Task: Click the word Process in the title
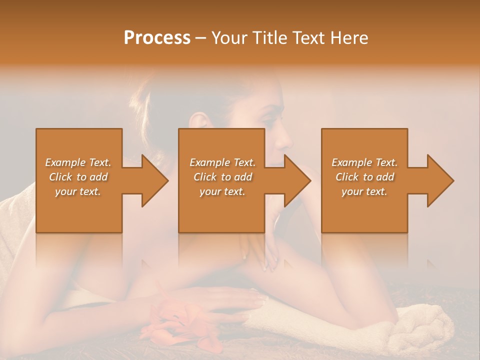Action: pyautogui.click(x=157, y=38)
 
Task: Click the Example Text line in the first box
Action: pyautogui.click(x=78, y=162)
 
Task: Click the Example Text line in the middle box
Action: pyautogui.click(x=222, y=162)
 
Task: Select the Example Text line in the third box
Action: pyautogui.click(x=364, y=162)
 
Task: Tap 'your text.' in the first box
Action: pyautogui.click(x=78, y=191)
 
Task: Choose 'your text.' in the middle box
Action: pyautogui.click(x=222, y=191)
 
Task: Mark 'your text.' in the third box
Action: pyautogui.click(x=364, y=191)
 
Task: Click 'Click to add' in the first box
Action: pyautogui.click(x=78, y=177)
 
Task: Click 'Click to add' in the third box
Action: pyautogui.click(x=364, y=177)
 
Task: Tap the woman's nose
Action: pyautogui.click(x=285, y=140)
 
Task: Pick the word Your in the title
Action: pyautogui.click(x=228, y=38)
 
